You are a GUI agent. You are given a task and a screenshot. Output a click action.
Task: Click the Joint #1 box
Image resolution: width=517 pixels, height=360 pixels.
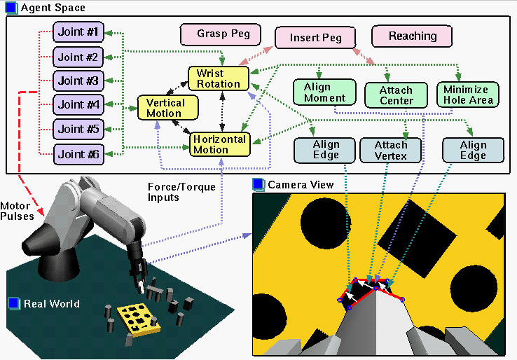coord(78,32)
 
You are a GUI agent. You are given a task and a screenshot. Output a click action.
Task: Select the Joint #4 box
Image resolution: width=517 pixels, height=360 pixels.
coord(78,105)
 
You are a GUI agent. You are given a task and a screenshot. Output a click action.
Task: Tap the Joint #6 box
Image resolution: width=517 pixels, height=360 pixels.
coord(78,154)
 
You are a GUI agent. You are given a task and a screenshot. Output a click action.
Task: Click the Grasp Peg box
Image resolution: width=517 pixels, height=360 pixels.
coord(219,34)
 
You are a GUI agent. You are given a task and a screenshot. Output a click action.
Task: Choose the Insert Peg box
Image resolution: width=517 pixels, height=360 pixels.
coord(315,38)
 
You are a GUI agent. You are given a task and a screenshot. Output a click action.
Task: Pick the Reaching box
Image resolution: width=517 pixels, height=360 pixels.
coord(412,36)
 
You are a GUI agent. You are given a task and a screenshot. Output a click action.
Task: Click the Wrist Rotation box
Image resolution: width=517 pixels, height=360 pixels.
coord(219,78)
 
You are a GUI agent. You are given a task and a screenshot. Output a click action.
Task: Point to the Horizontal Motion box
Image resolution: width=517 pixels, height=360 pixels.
coord(219,144)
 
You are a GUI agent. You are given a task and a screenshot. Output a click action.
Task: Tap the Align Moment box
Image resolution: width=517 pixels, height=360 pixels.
coord(324,93)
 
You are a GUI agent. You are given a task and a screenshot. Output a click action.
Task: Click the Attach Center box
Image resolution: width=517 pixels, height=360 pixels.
coord(396,96)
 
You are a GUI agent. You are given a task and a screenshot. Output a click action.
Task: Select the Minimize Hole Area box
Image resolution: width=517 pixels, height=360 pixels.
coord(468,94)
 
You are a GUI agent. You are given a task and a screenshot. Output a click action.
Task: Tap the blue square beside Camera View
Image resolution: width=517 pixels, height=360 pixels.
coord(258,184)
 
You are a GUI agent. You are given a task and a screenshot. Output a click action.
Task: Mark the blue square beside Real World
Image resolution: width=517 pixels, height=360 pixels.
coord(14,303)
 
